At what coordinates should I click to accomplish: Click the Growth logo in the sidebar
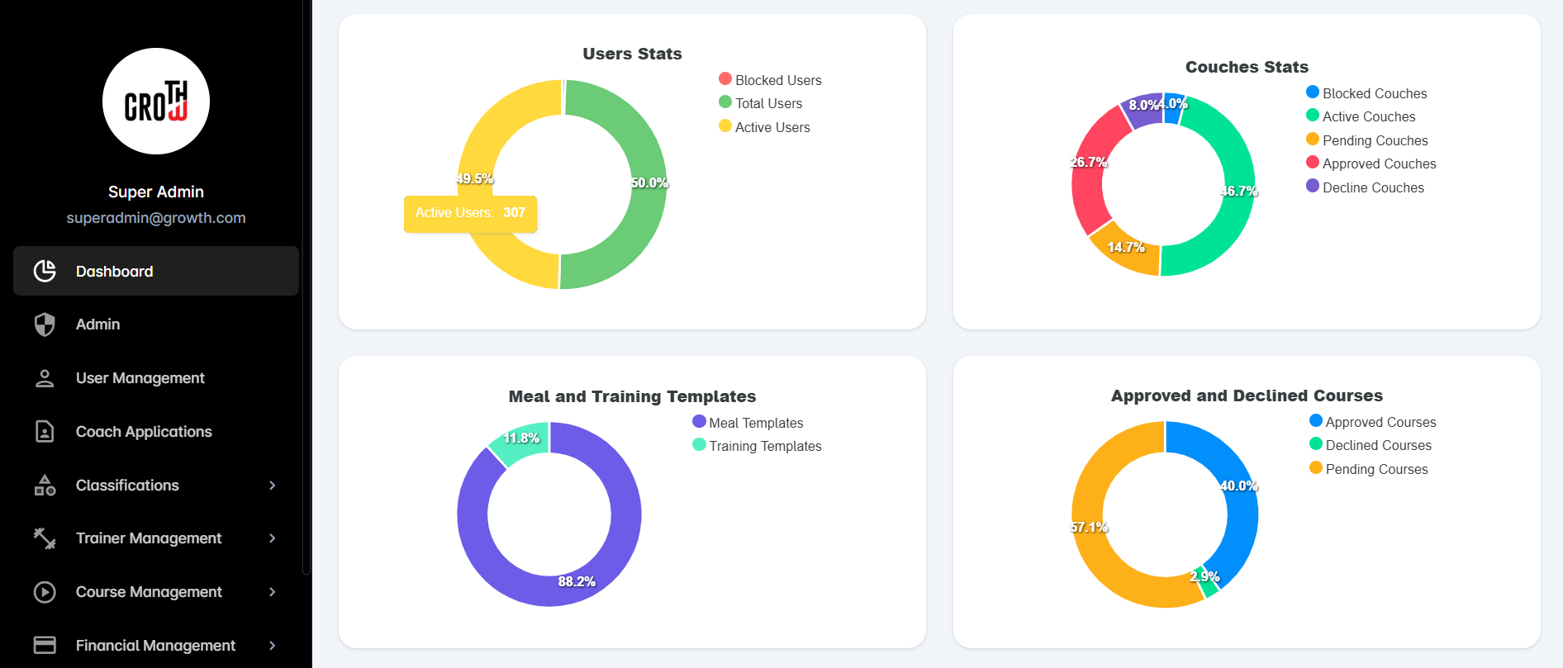pyautogui.click(x=156, y=101)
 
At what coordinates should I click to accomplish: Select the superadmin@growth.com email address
pyautogui.click(x=156, y=218)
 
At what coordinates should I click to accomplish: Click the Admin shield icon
pyautogui.click(x=45, y=325)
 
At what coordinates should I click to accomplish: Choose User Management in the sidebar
pyautogui.click(x=140, y=378)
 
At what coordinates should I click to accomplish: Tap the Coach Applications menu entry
pyautogui.click(x=144, y=432)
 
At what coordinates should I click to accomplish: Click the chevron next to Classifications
pyautogui.click(x=273, y=486)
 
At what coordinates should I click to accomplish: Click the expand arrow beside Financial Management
pyautogui.click(x=273, y=646)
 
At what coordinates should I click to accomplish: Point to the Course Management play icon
pyautogui.click(x=45, y=592)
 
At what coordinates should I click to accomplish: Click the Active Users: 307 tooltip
pyautogui.click(x=470, y=213)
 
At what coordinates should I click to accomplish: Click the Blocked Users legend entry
pyautogui.click(x=770, y=80)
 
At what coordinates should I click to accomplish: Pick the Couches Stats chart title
pyautogui.click(x=1247, y=67)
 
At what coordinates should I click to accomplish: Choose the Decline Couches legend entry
pyautogui.click(x=1365, y=187)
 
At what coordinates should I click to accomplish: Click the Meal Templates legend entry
pyautogui.click(x=748, y=423)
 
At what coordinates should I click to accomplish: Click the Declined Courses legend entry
pyautogui.click(x=1371, y=445)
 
